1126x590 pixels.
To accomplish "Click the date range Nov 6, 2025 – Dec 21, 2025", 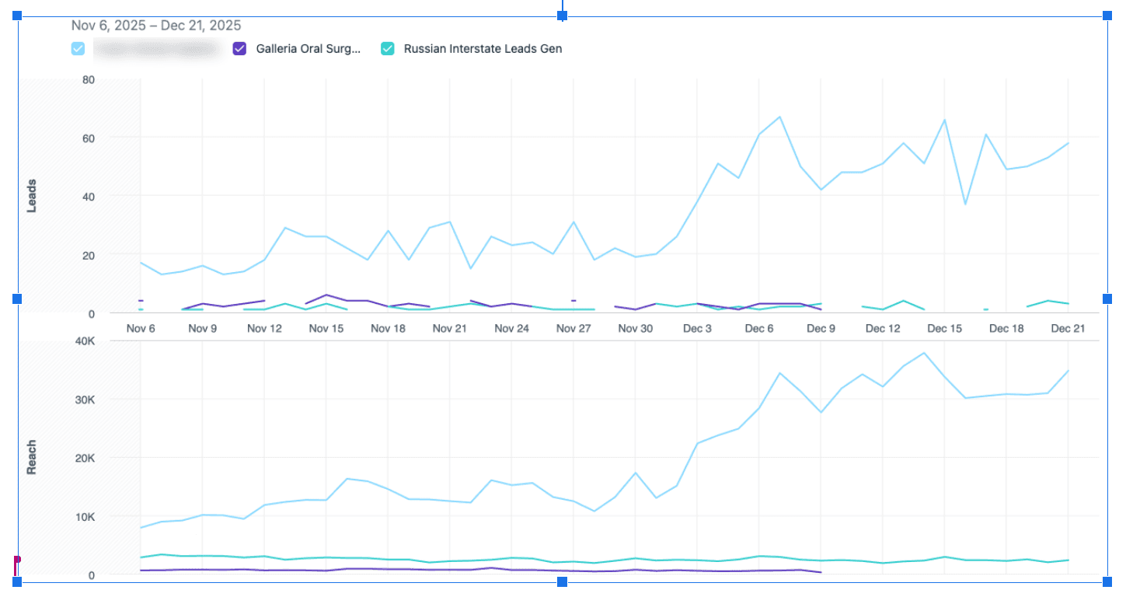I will click(x=156, y=26).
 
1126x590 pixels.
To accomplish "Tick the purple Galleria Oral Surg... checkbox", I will click(x=239, y=49).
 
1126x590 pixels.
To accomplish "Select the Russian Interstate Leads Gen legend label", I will click(x=483, y=49).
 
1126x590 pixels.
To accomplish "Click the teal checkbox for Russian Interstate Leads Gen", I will click(x=387, y=49).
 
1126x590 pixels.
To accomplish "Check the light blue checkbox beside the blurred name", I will click(x=78, y=49).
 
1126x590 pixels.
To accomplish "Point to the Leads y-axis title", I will click(x=32, y=197).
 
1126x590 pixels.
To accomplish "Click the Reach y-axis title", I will click(x=32, y=458).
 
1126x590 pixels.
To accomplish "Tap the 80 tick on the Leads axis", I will click(x=89, y=79).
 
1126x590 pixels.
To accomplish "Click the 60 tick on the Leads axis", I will click(x=89, y=138).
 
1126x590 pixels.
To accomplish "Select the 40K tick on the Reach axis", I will click(x=83, y=341).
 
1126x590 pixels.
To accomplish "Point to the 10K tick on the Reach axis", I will click(x=83, y=517).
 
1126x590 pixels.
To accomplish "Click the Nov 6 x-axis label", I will click(x=141, y=329).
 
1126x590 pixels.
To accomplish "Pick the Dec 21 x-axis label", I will click(x=1068, y=329).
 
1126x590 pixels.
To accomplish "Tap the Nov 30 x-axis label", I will click(x=636, y=329).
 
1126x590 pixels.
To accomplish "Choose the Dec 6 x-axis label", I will click(x=759, y=329).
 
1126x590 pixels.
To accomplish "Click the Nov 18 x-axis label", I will click(x=388, y=329).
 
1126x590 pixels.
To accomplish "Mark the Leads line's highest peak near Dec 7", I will click(x=779, y=117).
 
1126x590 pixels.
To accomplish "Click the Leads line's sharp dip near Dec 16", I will click(x=965, y=204).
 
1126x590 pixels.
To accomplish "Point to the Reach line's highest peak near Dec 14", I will click(x=924, y=353).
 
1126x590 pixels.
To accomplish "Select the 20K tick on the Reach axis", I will click(x=83, y=459).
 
